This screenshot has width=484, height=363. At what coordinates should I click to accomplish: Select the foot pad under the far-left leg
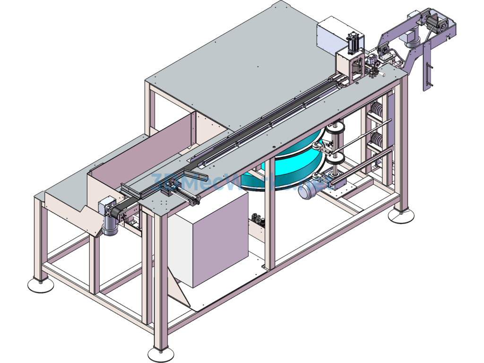[40, 285]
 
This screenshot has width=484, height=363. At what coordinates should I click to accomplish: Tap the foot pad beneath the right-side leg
[402, 216]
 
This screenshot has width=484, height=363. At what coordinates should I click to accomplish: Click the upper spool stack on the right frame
[377, 112]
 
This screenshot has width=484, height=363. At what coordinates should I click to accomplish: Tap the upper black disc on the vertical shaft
[335, 127]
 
